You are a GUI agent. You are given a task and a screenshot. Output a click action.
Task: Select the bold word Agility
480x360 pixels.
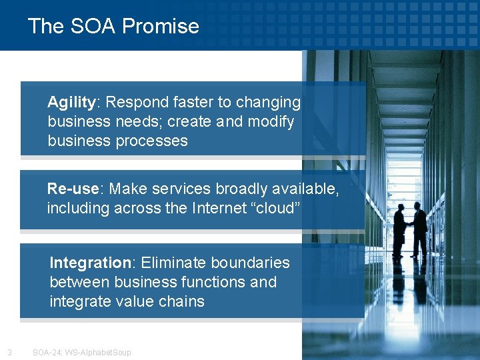[x=72, y=103]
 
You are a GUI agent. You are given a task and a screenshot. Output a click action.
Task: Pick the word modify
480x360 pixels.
[x=271, y=122]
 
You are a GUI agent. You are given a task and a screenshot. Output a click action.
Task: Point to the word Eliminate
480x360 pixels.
[x=173, y=263]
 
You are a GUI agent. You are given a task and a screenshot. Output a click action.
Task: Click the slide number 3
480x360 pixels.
[x=9, y=352]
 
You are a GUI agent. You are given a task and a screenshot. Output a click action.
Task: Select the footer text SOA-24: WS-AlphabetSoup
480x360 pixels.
[x=82, y=352]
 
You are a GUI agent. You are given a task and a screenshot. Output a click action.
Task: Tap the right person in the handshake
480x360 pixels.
[x=419, y=229]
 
